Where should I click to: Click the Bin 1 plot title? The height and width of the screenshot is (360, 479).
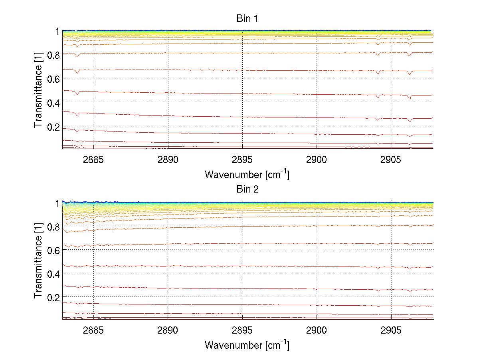click(x=247, y=19)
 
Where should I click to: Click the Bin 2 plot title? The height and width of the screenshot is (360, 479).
click(x=247, y=189)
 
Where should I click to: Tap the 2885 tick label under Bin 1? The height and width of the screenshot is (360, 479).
click(x=93, y=160)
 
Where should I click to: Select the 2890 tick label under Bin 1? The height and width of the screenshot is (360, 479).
click(x=168, y=160)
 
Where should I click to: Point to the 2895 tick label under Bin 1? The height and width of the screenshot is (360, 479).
click(x=242, y=160)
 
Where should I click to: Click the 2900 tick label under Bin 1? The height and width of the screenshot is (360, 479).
click(x=317, y=160)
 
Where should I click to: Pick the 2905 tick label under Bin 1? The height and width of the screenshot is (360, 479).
click(x=391, y=160)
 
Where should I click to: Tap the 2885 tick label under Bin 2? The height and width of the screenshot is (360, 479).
click(x=93, y=330)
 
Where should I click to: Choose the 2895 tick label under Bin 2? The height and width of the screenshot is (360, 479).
click(x=242, y=330)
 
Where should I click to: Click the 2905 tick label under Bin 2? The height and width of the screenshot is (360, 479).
click(x=391, y=330)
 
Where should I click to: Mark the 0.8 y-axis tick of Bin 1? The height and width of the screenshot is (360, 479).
click(x=53, y=55)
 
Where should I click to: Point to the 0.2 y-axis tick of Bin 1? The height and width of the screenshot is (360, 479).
click(x=53, y=127)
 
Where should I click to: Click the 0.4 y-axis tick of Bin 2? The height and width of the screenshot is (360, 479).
click(x=53, y=273)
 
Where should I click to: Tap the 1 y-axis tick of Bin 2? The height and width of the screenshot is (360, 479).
click(x=57, y=203)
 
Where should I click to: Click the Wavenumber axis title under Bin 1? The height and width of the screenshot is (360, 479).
click(x=247, y=174)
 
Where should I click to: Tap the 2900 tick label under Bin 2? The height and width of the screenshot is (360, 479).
click(x=317, y=330)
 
